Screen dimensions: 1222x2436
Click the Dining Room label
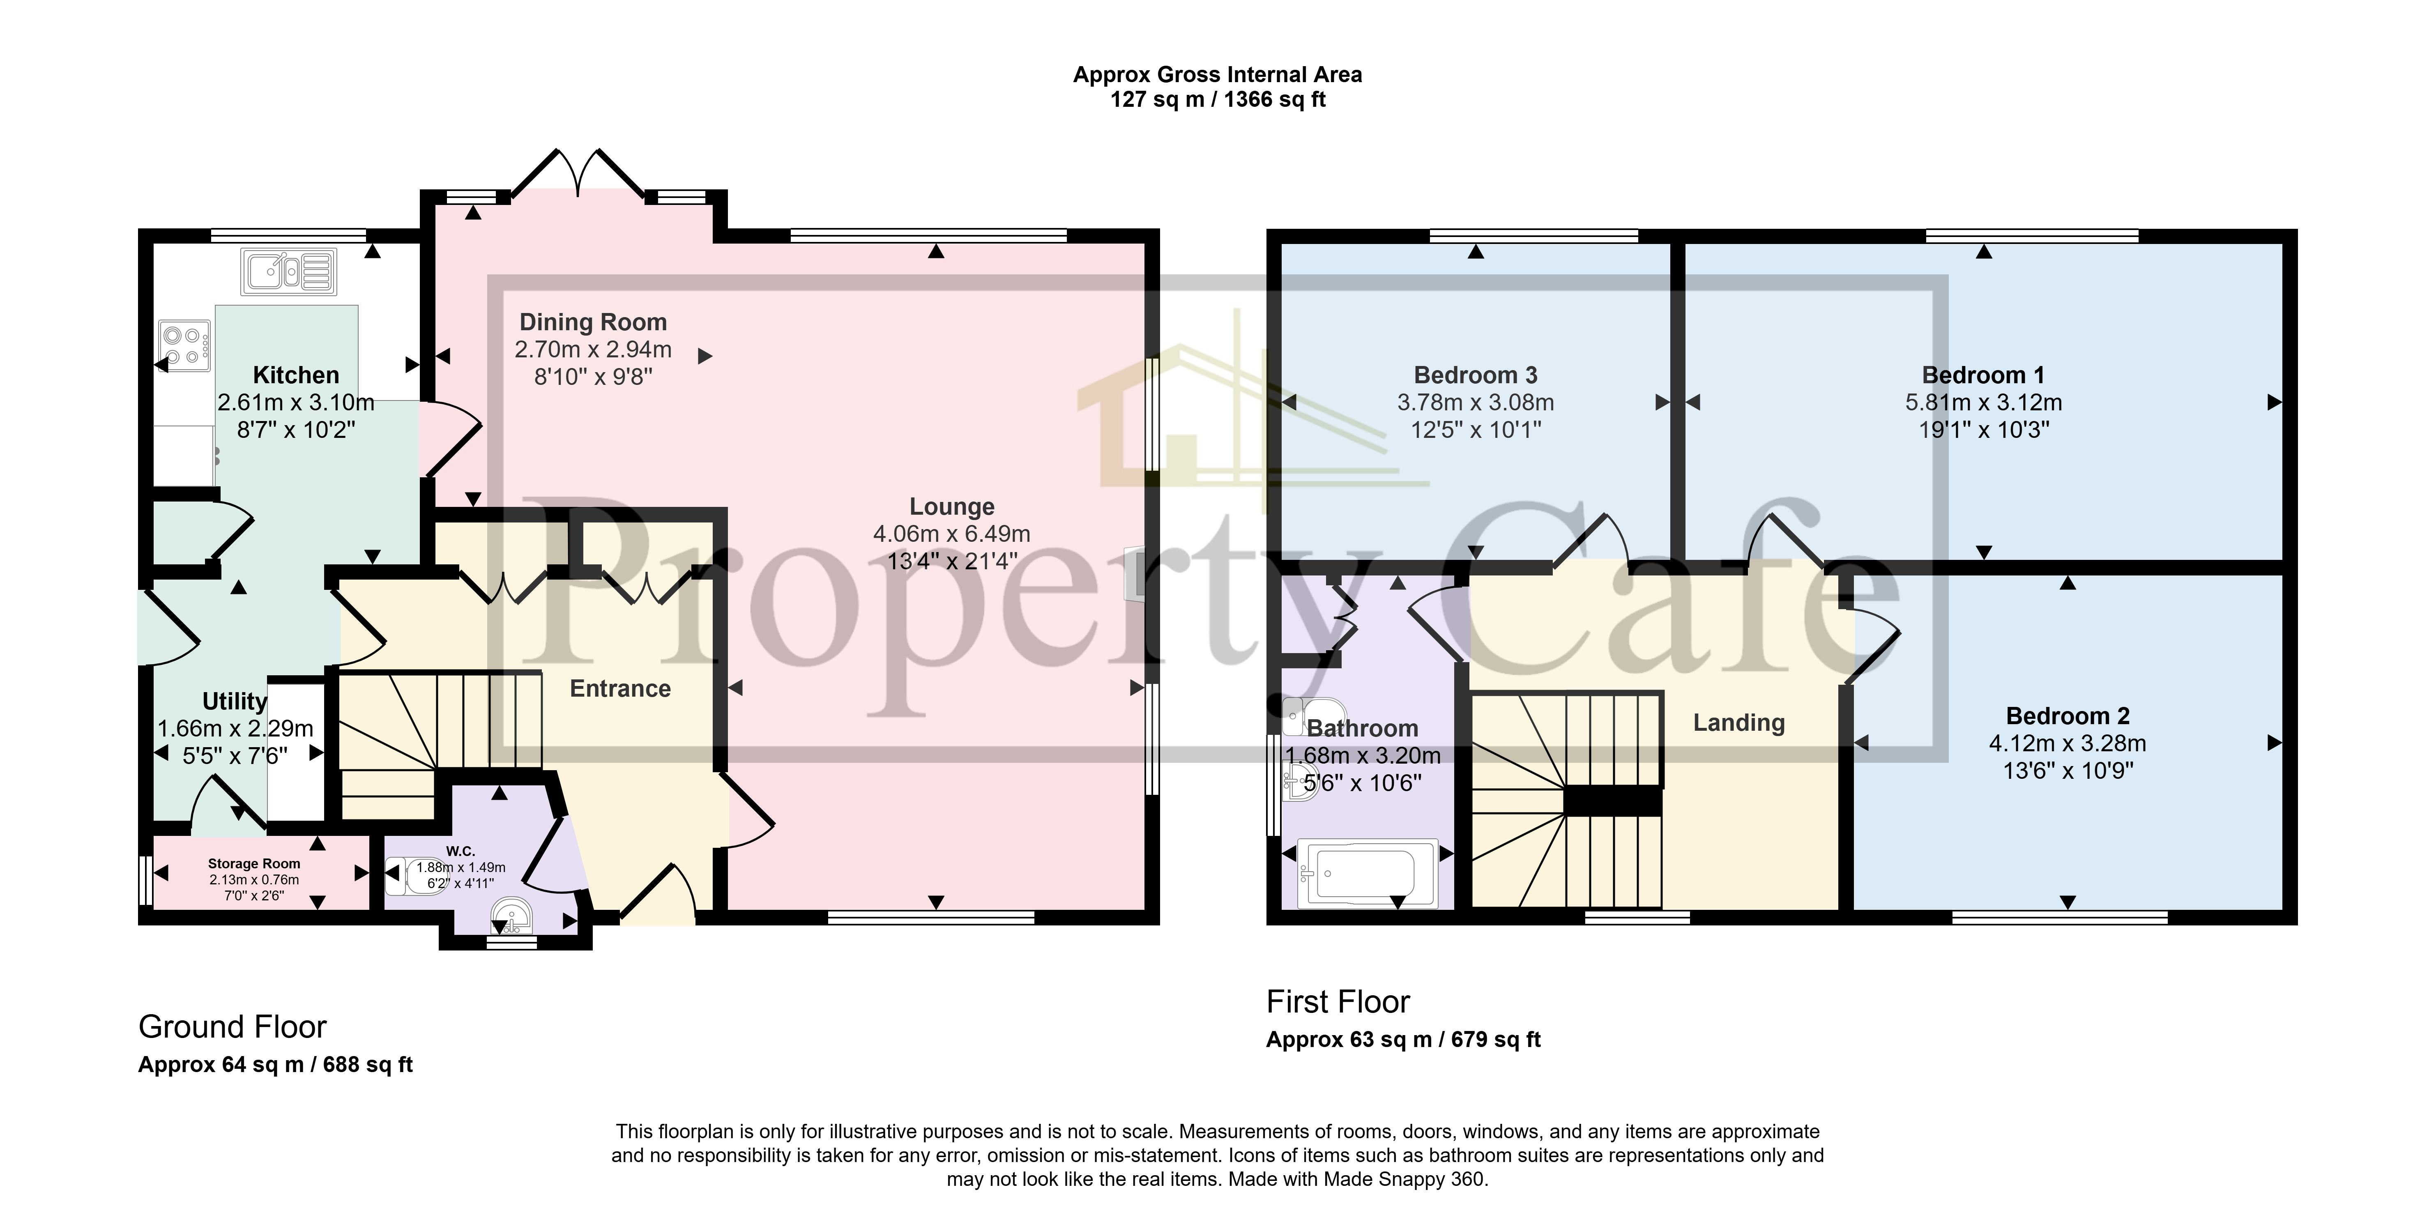point(593,322)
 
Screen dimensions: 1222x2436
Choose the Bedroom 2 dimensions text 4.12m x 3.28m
point(2067,743)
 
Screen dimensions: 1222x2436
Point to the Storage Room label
point(254,863)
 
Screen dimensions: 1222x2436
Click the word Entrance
point(620,688)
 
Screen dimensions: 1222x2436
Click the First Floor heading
point(1337,1001)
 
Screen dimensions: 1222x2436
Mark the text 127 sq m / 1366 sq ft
point(1217,99)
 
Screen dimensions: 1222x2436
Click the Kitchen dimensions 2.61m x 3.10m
point(296,402)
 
